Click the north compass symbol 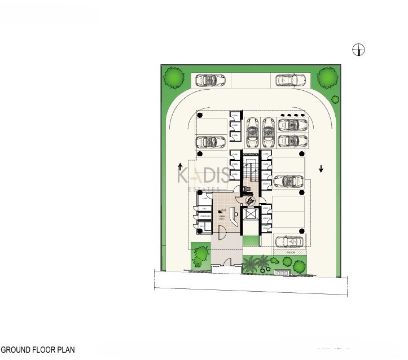[x=358, y=50]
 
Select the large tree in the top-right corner [x=327, y=77]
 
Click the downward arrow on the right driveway [x=321, y=168]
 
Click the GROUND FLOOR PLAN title [x=37, y=350]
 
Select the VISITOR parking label [x=291, y=253]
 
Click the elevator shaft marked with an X [x=249, y=214]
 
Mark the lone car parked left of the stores [x=208, y=141]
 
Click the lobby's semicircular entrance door [x=222, y=231]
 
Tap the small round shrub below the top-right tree [x=335, y=100]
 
